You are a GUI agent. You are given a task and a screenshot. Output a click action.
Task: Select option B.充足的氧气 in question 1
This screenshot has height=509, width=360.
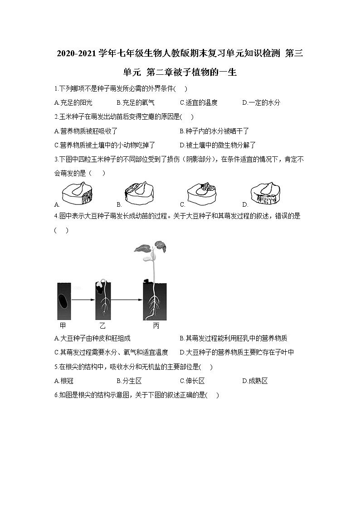pos(136,103)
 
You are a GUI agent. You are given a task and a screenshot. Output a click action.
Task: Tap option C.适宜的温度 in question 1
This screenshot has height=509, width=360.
pos(199,103)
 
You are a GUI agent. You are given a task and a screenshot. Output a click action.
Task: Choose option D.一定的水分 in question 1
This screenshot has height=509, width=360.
pos(261,103)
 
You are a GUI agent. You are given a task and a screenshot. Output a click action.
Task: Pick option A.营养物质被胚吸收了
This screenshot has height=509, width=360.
pos(86,131)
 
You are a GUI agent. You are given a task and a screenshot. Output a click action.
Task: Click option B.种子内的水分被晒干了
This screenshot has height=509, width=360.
pos(214,131)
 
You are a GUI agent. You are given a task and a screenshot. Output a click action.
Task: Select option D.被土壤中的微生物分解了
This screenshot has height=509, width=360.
pos(218,145)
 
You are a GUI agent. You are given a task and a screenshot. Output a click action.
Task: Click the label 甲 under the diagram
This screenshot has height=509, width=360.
pos(63,326)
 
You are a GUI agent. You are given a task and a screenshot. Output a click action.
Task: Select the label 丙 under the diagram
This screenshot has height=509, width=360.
pos(156,326)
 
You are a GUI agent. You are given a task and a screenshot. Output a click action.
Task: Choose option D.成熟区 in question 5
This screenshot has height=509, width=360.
pos(255,381)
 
